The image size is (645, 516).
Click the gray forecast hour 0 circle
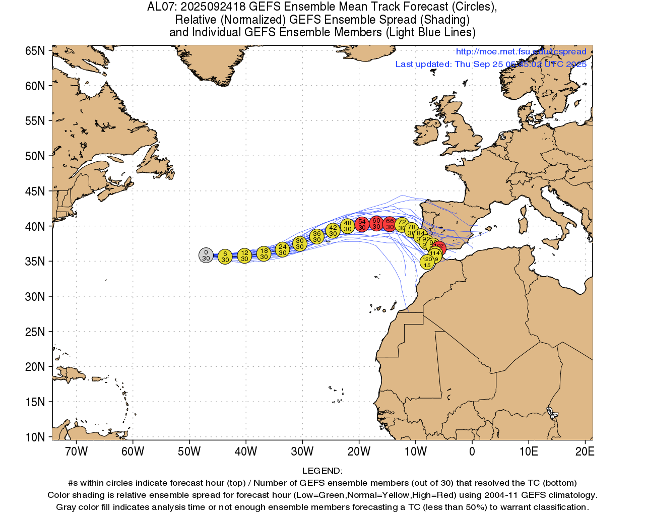coord(206,255)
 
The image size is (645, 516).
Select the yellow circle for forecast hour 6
coord(225,257)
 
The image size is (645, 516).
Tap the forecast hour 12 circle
coord(244,255)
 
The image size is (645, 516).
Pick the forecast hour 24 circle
coord(282,249)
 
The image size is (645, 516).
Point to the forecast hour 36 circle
coord(316,236)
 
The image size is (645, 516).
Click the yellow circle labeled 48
coord(347,226)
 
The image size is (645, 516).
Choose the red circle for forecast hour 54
coord(362,224)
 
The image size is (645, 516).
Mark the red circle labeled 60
coord(376,223)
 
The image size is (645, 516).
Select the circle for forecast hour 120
coord(427,262)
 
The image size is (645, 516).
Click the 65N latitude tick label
coord(35,51)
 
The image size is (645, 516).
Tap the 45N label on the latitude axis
coord(35,191)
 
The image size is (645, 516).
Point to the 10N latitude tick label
coord(35,437)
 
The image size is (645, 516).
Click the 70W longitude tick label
coord(77,451)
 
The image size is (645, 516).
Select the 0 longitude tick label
coord(472,451)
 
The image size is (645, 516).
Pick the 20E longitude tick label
coord(585,451)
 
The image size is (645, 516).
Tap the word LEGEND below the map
coord(321,471)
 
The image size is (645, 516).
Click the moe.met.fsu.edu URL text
coord(521,51)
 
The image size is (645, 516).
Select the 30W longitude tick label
coord(302,451)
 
